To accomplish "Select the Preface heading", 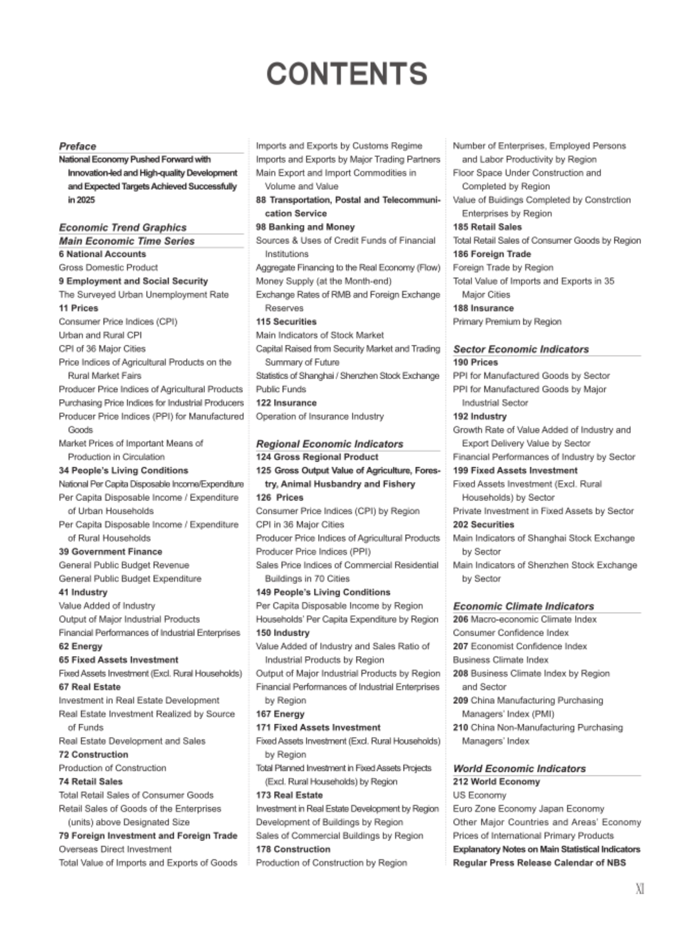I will [77, 146].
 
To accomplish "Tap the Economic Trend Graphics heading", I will [122, 227].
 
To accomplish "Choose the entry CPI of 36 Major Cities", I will [102, 349].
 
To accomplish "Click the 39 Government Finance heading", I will [110, 552].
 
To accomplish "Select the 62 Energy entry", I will [80, 646].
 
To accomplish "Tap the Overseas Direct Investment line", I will [115, 849].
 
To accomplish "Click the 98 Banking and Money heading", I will [305, 227].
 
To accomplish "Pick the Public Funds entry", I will [281, 389].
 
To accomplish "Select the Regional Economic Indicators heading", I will [329, 444].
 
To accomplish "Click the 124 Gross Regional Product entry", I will [317, 457].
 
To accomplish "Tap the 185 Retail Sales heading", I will [487, 227].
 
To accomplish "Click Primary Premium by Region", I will [507, 322].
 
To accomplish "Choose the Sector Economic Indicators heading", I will [521, 349].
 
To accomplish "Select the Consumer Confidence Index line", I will [511, 632].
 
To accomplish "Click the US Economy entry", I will [479, 795].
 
